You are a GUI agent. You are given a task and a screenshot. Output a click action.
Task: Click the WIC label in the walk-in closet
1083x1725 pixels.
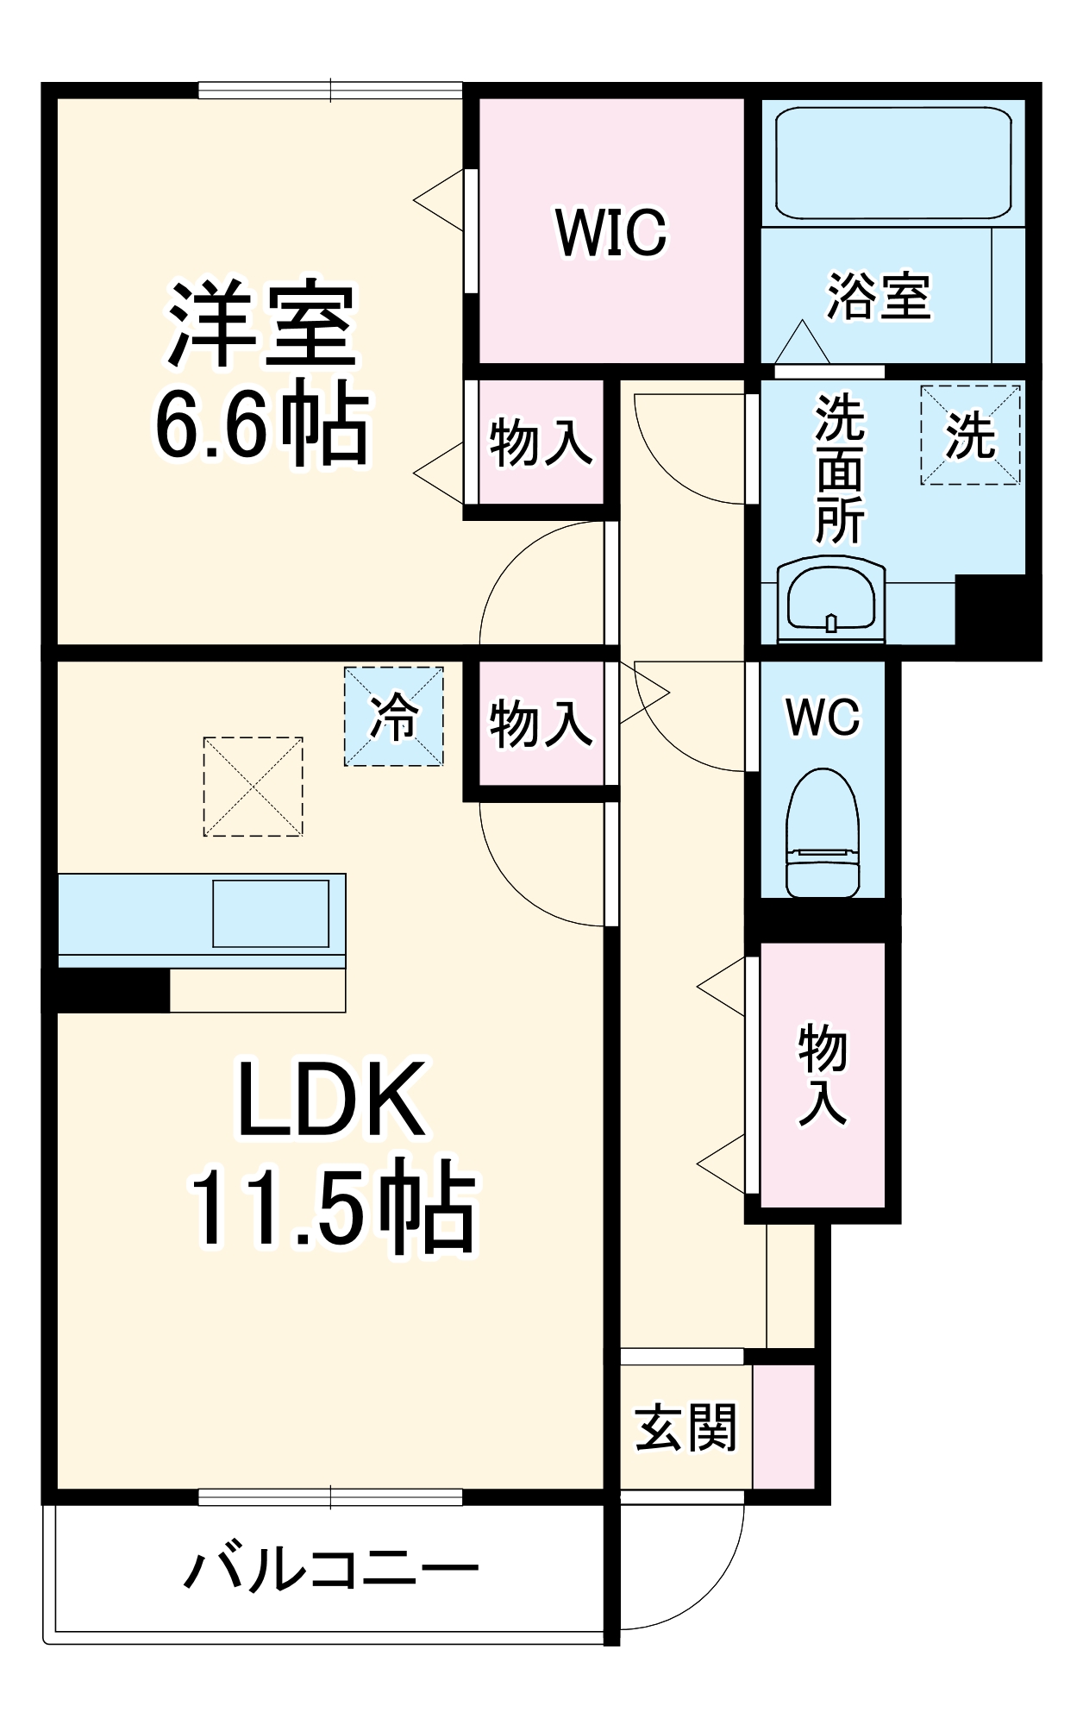610,232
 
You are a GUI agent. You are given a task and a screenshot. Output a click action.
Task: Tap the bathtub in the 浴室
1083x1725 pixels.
892,163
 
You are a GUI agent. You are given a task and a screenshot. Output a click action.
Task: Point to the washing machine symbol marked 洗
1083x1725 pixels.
970,435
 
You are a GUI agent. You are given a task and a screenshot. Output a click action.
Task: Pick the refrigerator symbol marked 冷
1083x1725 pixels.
394,716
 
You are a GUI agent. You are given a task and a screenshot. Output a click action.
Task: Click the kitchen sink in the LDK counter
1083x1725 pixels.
271,913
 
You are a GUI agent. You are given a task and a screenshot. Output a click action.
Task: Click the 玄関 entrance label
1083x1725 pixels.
685,1427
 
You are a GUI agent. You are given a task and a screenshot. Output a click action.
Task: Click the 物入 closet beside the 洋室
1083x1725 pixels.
541,442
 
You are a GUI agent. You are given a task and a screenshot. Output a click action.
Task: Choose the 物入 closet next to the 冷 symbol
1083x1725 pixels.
541,723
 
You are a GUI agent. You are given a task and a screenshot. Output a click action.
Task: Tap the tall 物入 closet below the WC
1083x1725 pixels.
823,1074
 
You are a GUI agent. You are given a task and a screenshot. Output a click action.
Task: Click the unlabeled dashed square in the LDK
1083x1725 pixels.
253,786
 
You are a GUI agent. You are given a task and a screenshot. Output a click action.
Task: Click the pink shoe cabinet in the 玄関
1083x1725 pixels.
783,1427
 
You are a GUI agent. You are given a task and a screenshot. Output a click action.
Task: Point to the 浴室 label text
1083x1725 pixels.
879,296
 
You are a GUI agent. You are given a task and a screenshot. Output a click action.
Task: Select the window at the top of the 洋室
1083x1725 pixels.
330,91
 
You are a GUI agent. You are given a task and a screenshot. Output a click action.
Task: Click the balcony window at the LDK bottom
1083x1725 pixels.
330,1497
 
